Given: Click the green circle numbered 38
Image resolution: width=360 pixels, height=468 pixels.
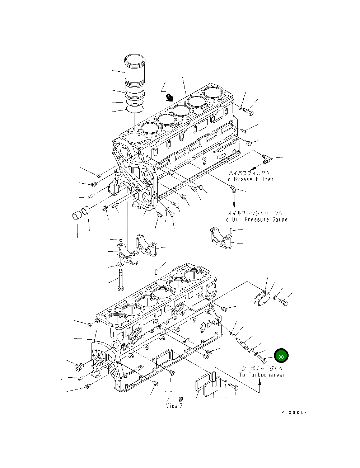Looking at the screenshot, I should (x=281, y=356).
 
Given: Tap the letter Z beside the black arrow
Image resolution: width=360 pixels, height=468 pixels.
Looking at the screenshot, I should (x=164, y=86).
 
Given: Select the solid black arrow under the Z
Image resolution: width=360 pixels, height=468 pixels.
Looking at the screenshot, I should (x=169, y=98).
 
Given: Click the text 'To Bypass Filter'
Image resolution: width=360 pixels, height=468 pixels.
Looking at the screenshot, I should (x=249, y=179).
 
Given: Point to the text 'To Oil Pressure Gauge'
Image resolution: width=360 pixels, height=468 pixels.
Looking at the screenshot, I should (x=255, y=219).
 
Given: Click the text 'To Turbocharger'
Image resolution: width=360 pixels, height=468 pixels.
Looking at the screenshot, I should (x=262, y=375).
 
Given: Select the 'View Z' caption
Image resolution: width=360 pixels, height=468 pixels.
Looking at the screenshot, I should (x=175, y=406).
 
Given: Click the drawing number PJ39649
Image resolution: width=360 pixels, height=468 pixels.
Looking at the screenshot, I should (x=294, y=413).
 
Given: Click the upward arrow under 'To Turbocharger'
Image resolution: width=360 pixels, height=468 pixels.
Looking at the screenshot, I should (x=260, y=386).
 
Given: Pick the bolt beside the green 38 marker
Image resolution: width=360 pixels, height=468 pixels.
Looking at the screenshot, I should (x=263, y=358).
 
